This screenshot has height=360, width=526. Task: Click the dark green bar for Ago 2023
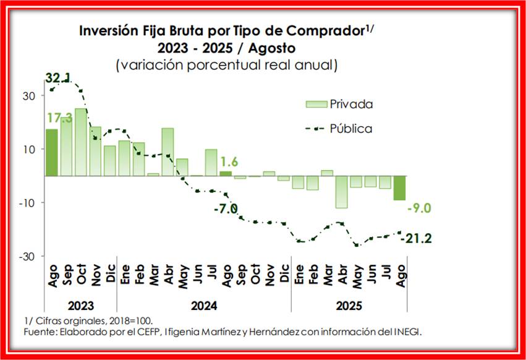51,152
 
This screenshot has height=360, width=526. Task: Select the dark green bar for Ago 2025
400,188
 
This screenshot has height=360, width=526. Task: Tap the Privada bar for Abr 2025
342,192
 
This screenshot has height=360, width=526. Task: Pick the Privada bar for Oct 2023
80,142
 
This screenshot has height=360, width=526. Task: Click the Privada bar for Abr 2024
168,152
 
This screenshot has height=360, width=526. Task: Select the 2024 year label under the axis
203,306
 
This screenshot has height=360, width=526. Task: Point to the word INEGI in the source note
405,332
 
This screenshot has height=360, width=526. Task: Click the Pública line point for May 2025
357,246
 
